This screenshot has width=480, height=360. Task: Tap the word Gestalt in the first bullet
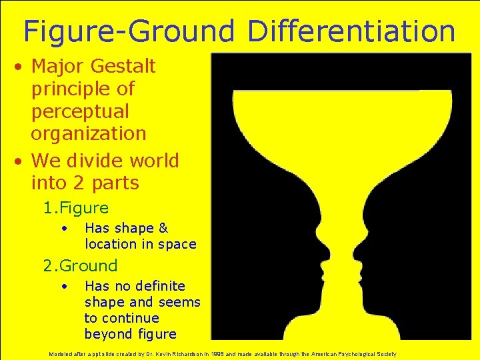point(122,67)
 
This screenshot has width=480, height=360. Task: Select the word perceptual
point(80,111)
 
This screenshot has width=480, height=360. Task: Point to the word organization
point(88,133)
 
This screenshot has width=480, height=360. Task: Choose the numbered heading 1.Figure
point(75,208)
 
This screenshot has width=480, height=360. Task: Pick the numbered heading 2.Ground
point(80,265)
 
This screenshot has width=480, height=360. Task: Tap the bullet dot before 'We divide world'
point(22,161)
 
